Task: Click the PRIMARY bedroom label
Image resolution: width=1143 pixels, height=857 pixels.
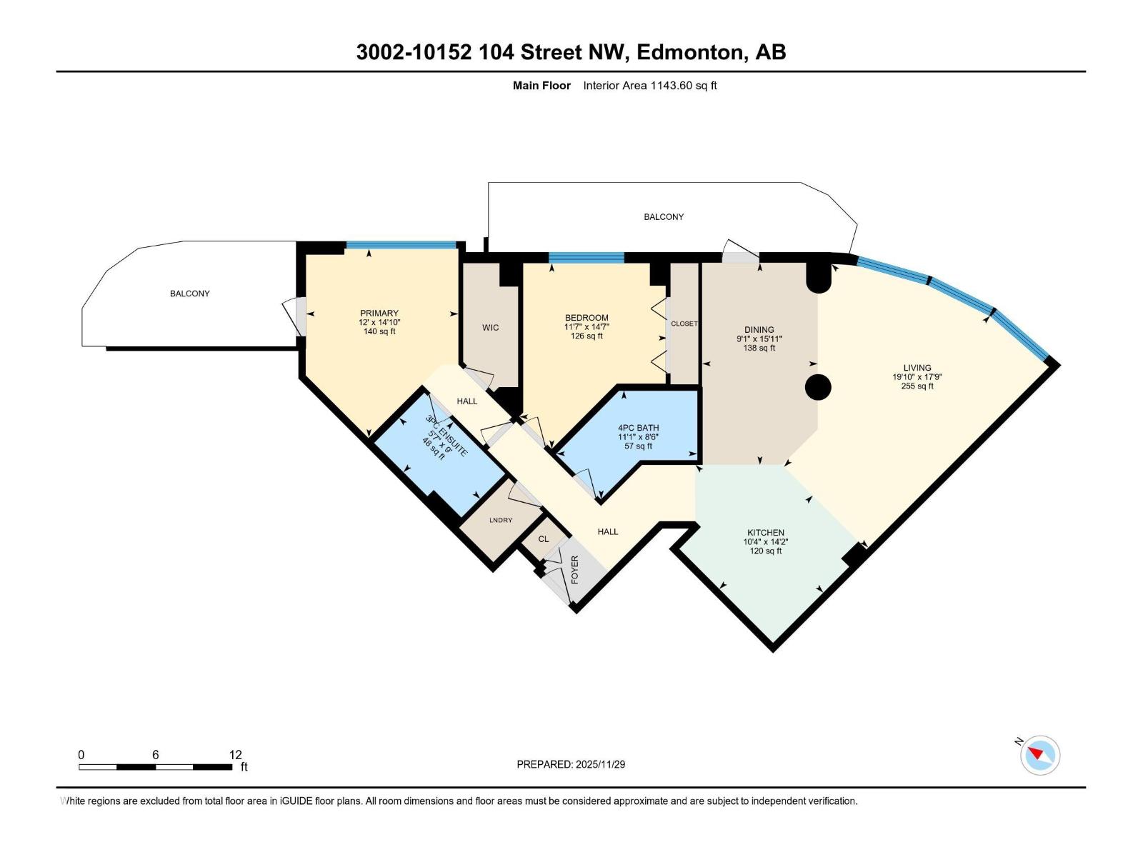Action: click(379, 313)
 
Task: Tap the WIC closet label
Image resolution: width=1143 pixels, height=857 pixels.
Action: click(490, 328)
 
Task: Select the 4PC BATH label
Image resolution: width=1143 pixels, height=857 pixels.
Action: click(638, 428)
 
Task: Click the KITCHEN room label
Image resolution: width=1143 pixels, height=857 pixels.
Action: click(765, 533)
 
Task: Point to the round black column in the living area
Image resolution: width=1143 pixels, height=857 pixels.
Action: click(818, 388)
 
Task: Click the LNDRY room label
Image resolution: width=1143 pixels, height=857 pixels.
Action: click(501, 520)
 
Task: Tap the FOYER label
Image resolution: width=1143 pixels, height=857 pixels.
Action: click(574, 569)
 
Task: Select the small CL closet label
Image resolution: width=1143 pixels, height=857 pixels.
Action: click(544, 538)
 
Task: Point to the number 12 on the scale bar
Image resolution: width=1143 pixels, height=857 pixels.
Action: click(235, 755)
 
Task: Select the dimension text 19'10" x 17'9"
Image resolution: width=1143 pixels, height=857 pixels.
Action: click(917, 377)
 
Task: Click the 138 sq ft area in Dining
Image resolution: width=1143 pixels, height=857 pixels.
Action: click(759, 348)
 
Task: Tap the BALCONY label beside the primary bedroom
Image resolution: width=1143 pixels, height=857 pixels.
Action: click(189, 294)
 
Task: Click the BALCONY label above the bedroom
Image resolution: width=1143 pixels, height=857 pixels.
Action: click(664, 216)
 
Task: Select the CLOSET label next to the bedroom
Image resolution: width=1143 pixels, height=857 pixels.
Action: click(684, 324)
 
